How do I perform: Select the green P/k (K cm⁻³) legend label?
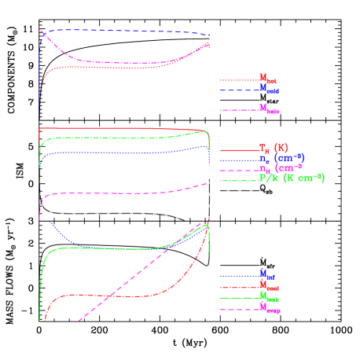tap(292, 178)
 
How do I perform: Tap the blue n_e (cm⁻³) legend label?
tap(281, 159)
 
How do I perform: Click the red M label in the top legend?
tap(267, 79)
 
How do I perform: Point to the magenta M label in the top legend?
tap(269, 110)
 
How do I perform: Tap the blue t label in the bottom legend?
tap(267, 274)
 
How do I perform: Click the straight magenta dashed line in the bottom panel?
tap(126, 284)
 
